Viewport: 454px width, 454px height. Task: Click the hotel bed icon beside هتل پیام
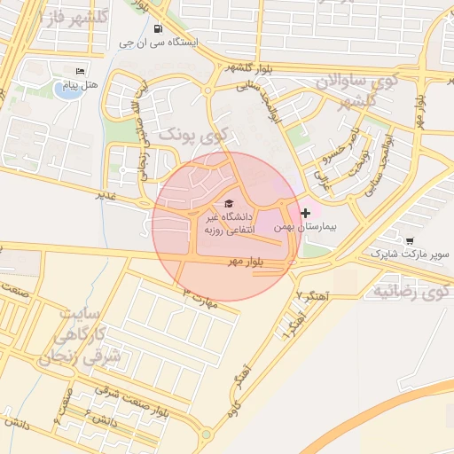pos(82,71)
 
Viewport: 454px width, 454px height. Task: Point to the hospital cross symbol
pos(306,213)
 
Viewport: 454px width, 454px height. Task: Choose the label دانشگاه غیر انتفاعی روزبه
pos(230,223)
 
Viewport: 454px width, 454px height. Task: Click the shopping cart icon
pos(409,240)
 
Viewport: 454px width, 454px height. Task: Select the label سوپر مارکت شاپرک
pos(403,254)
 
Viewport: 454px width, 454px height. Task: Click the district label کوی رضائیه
pos(411,291)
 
